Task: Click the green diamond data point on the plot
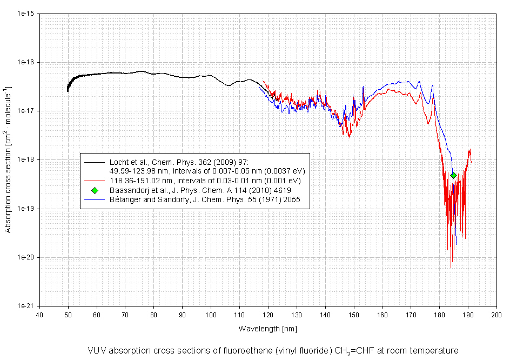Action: (454, 175)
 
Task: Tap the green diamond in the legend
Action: (95, 190)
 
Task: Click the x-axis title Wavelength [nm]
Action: (267, 328)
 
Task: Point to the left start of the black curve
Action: (68, 90)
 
